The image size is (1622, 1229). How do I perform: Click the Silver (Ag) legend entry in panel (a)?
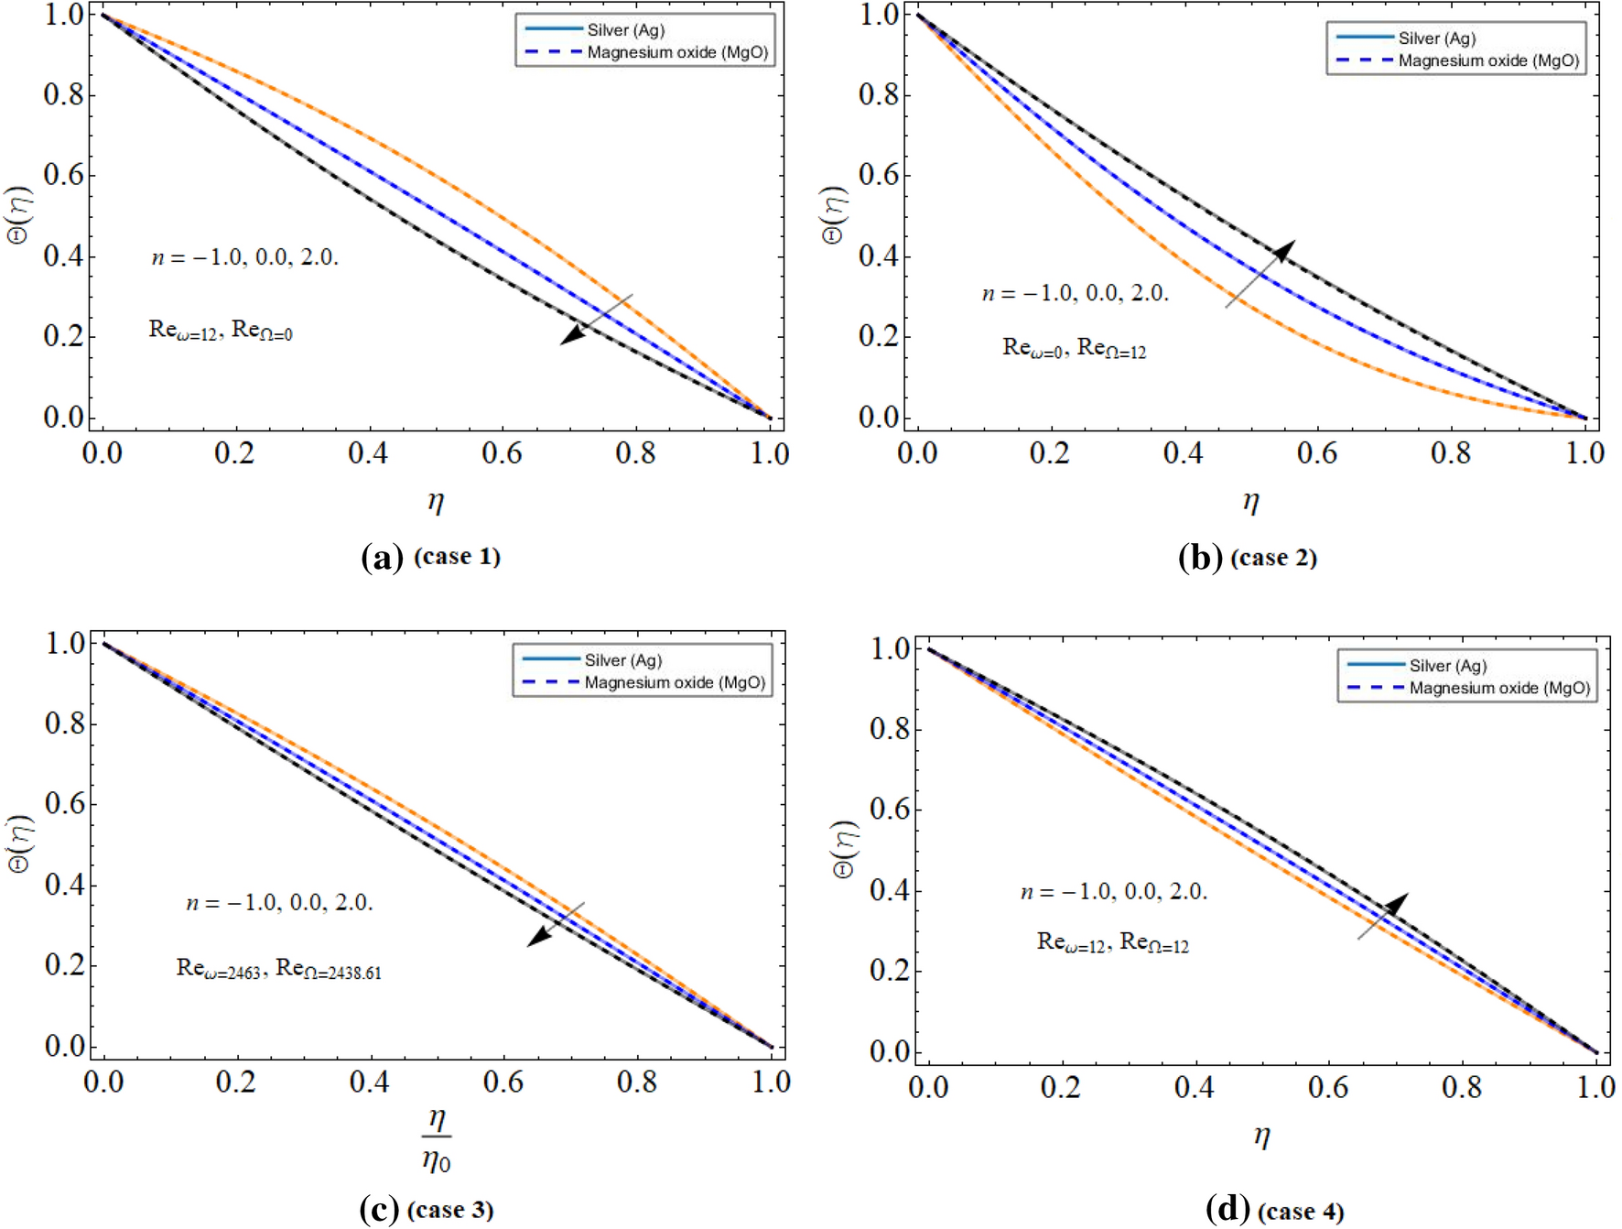point(625,30)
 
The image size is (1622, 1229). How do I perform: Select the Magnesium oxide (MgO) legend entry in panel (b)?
point(1487,60)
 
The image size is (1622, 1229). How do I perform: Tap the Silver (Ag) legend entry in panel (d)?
point(1447,666)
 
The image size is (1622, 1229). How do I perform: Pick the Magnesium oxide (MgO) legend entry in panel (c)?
point(675,682)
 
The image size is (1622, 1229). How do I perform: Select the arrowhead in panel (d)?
point(1396,905)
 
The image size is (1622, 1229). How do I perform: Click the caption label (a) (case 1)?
point(431,557)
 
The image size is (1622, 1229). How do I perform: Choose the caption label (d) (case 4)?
point(1275,1211)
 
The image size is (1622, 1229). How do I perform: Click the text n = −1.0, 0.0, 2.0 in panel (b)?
point(1076,294)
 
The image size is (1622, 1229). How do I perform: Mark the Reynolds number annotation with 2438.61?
point(278,969)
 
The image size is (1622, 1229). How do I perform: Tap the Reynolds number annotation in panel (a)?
point(221,330)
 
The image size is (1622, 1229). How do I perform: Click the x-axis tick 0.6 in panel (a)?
point(502,452)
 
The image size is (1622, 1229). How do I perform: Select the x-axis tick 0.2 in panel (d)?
point(1061,1087)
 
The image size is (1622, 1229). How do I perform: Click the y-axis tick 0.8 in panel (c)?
point(65,723)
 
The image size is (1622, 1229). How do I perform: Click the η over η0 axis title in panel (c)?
point(437,1140)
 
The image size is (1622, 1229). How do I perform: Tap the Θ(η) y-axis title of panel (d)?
point(845,849)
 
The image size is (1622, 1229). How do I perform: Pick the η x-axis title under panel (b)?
point(1250,501)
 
